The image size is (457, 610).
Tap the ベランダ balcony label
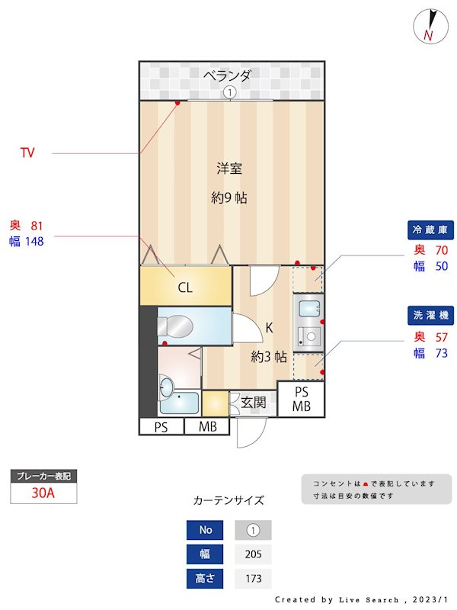tap(227, 75)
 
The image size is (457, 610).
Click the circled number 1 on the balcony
tap(230, 92)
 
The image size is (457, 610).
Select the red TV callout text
tap(27, 153)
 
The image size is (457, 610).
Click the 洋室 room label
tap(229, 169)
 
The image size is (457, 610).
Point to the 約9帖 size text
tap(229, 197)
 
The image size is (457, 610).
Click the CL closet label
tap(184, 287)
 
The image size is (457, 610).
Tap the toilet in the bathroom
tap(174, 327)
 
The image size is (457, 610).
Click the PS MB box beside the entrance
tap(302, 399)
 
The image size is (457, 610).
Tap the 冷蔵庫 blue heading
tap(432, 230)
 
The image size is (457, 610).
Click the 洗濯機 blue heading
tap(432, 314)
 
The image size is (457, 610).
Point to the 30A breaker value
tap(43, 493)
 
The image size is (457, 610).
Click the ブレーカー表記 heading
tap(43, 476)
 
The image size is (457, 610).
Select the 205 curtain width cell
tap(253, 554)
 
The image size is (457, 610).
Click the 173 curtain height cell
tap(253, 579)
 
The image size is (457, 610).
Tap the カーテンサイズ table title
tap(228, 501)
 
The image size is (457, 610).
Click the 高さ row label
tap(206, 579)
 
